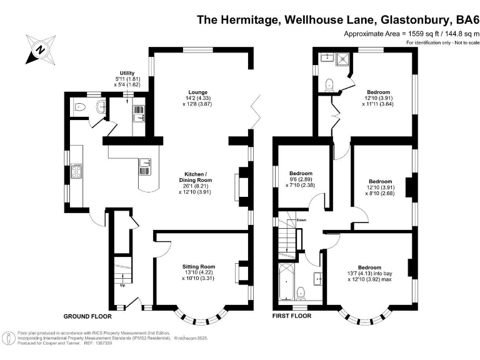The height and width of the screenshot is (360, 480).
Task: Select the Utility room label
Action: coord(127,73)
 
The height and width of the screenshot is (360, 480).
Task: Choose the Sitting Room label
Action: coord(199,266)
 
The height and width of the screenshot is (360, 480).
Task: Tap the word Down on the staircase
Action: coord(301,220)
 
